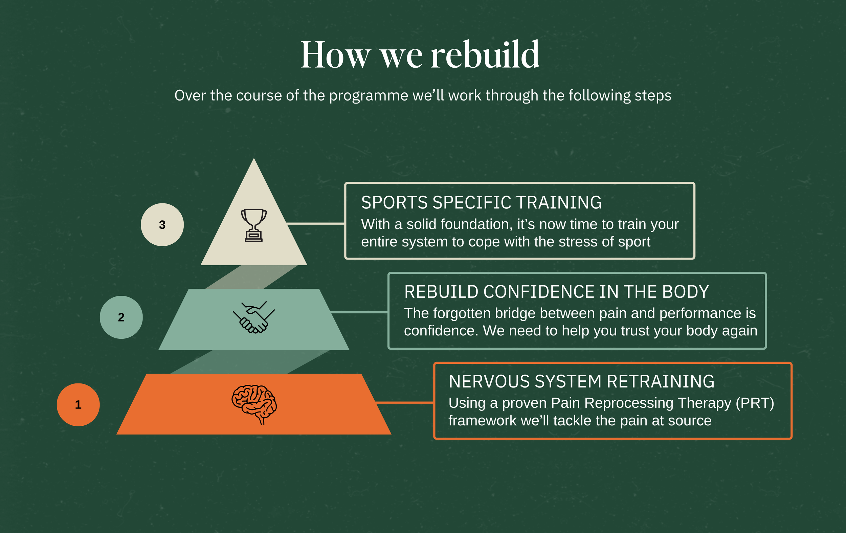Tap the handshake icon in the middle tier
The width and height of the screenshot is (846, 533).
(x=254, y=317)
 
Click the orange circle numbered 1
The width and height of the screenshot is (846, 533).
(x=78, y=404)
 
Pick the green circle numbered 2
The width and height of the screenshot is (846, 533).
(x=121, y=317)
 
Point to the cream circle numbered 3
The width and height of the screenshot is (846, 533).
(x=162, y=224)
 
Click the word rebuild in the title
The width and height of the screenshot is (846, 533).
(x=485, y=55)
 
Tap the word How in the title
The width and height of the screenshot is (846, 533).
(x=335, y=55)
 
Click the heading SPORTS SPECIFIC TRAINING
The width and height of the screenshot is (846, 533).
(x=481, y=202)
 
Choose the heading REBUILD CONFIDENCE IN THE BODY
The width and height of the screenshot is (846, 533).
(x=557, y=292)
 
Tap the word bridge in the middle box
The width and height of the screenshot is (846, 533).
(x=516, y=313)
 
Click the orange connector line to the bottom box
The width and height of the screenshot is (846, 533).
(x=404, y=402)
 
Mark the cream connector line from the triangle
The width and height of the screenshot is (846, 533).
(x=315, y=223)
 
